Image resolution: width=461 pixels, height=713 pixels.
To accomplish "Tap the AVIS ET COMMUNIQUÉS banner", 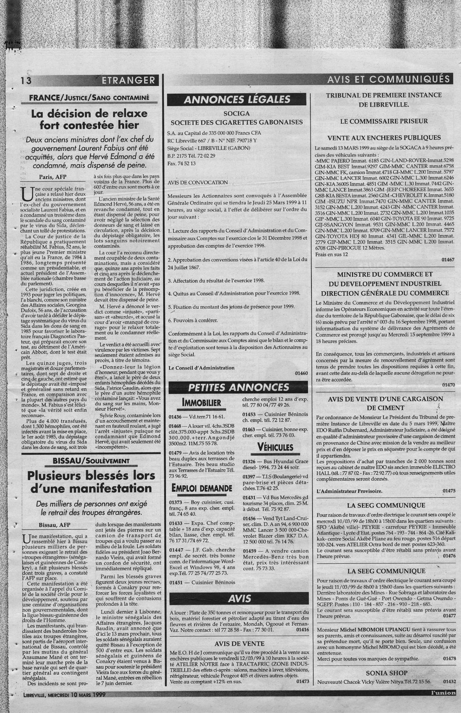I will click(x=388, y=79).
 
